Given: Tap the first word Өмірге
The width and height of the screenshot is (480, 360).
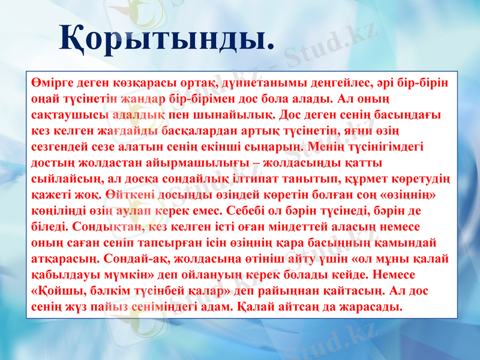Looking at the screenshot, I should click(53, 82).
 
